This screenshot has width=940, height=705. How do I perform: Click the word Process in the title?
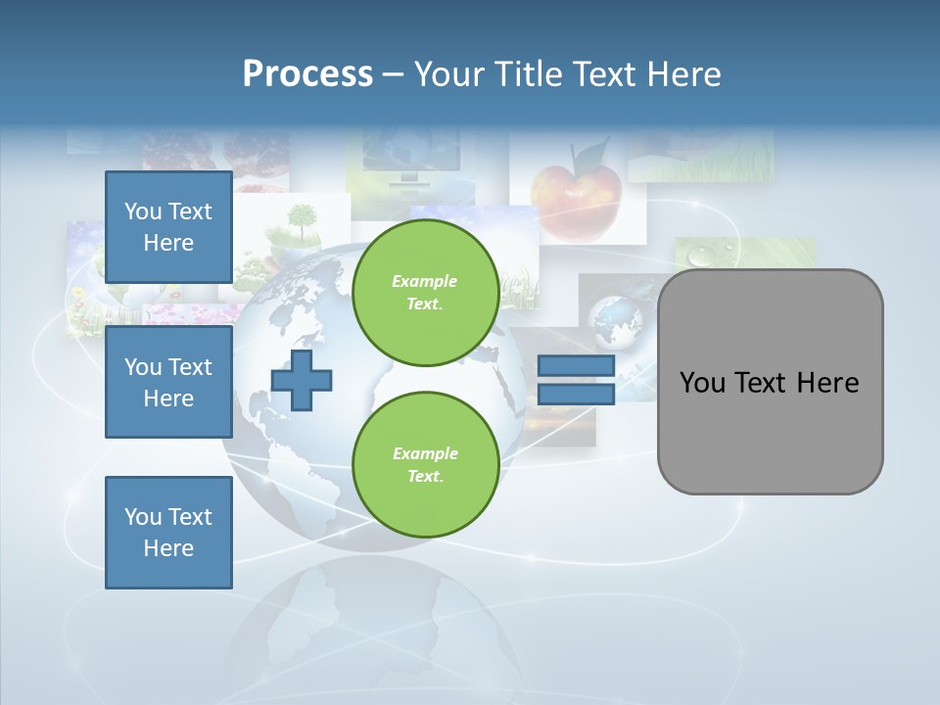[307, 74]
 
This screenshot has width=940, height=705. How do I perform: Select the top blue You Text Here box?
[168, 227]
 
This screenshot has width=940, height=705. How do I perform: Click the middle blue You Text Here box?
[168, 382]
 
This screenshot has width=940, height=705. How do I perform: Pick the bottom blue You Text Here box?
[168, 533]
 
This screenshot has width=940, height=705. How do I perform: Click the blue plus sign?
[302, 381]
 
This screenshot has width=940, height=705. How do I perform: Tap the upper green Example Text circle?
[425, 293]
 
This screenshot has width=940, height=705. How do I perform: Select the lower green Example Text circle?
[425, 465]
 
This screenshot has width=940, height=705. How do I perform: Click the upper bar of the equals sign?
[576, 366]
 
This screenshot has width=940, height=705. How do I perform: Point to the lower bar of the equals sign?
[576, 395]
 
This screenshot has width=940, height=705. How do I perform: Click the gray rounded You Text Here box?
[770, 382]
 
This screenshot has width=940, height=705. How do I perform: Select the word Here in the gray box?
[827, 383]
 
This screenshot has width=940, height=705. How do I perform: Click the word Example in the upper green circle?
[425, 281]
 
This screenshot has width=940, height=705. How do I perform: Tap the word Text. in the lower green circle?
[425, 477]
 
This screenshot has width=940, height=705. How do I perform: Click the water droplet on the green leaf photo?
[701, 258]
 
